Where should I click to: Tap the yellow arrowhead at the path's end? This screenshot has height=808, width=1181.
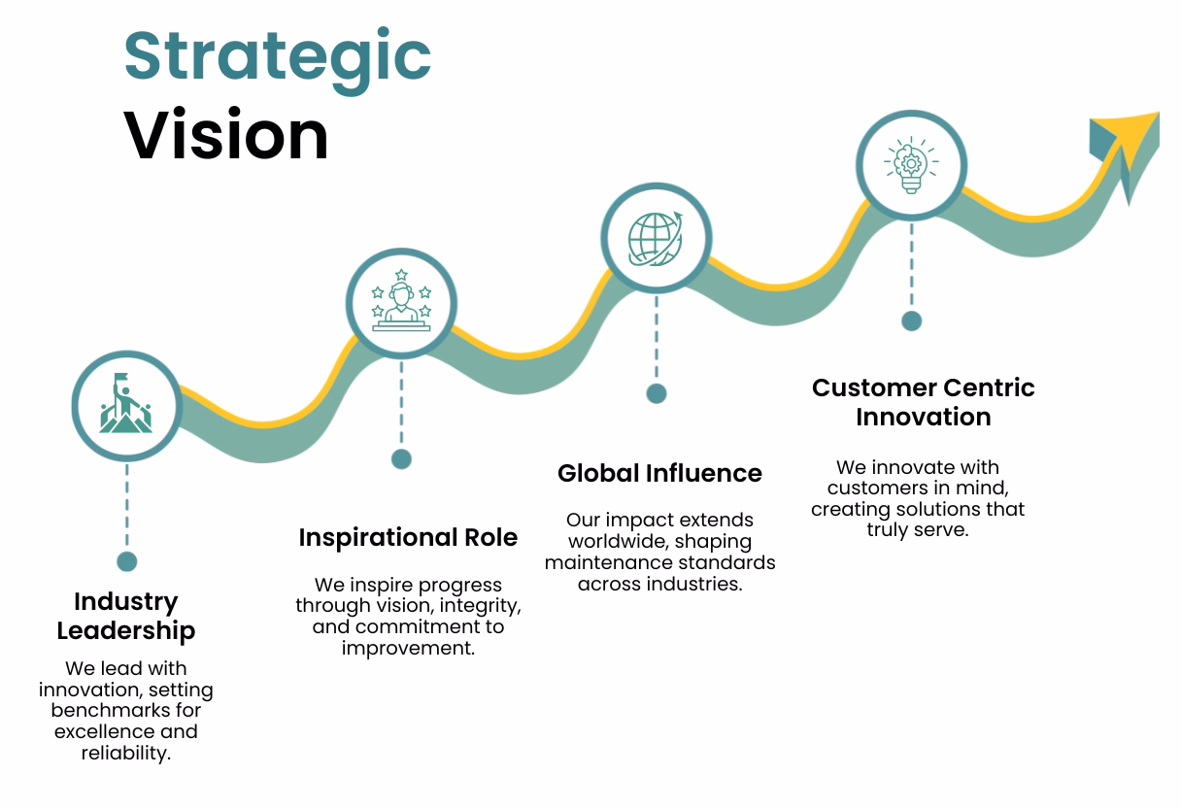1130,136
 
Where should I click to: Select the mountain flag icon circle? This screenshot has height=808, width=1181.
126,405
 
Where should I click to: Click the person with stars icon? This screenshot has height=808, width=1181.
401,303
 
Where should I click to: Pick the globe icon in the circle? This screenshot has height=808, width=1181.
656,238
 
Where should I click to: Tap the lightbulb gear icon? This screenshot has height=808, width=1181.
911,165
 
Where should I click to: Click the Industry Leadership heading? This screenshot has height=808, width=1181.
126,616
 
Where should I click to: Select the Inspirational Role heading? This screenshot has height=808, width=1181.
408,537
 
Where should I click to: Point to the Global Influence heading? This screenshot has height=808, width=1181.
659,473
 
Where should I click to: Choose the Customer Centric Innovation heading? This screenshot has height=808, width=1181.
923,402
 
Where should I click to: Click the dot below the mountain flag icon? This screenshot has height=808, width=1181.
126,561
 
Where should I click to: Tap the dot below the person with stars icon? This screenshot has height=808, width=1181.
401,458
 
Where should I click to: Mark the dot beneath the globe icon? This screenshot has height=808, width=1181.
657,393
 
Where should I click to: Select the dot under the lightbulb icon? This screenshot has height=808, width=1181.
911,320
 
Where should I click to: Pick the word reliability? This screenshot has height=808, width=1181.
125,753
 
